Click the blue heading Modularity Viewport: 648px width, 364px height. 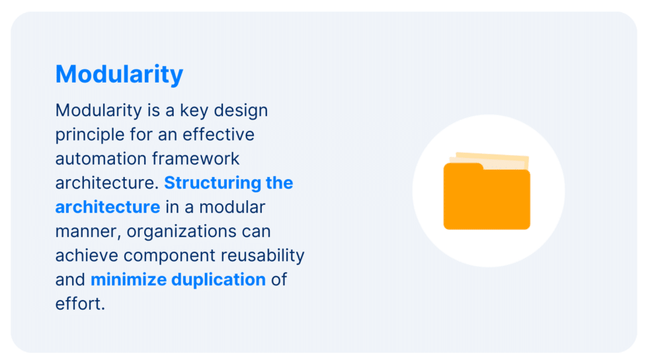(x=119, y=74)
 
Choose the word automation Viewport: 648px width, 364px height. (x=101, y=159)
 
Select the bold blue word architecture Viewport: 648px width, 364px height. (x=107, y=207)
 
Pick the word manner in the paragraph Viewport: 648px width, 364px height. (x=86, y=231)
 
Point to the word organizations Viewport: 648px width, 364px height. (x=198, y=231)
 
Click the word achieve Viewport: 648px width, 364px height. (x=87, y=255)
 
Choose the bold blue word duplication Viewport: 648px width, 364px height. (x=218, y=279)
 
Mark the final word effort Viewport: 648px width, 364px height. (x=80, y=304)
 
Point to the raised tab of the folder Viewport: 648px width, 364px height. (x=462, y=166)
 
